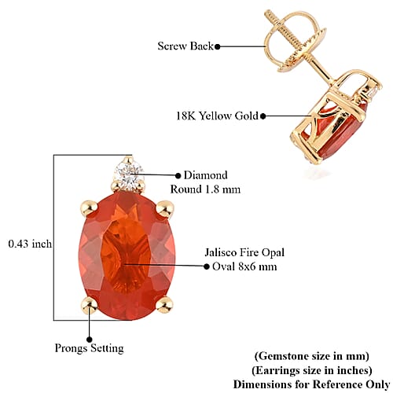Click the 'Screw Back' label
(x=185, y=46)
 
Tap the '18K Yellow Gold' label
(x=217, y=116)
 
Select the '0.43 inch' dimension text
(x=30, y=244)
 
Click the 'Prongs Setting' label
(x=89, y=349)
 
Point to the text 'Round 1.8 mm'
(x=205, y=189)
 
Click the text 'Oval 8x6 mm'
(x=244, y=266)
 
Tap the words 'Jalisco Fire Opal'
(x=244, y=252)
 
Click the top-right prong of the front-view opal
(x=165, y=209)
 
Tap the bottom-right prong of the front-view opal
(x=164, y=305)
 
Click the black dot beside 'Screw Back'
(x=218, y=47)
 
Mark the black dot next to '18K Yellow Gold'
(x=263, y=116)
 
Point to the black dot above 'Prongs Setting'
(x=90, y=340)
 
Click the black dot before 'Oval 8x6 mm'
(x=207, y=266)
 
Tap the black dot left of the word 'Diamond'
(x=178, y=175)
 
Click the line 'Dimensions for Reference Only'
(x=312, y=384)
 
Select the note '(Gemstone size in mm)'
(x=312, y=356)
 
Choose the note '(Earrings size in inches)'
(x=312, y=370)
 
